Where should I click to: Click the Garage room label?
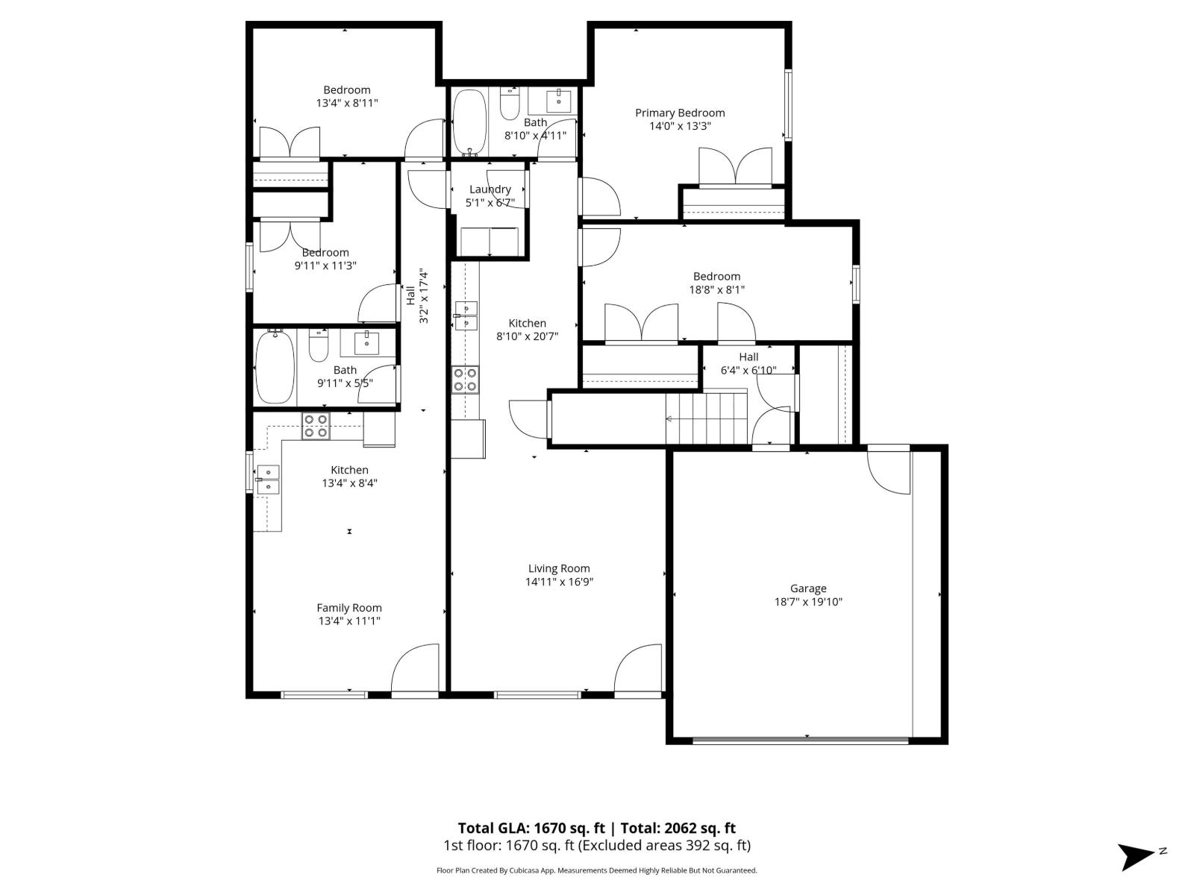[807, 588]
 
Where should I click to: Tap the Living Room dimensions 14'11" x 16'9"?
[559, 582]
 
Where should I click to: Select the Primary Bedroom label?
[680, 113]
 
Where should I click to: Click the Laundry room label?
[490, 189]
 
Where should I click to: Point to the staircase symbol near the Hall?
[706, 419]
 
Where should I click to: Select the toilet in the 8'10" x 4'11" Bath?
[510, 104]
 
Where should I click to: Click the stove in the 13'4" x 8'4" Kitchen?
[316, 425]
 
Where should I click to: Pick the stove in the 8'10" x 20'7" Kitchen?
[465, 380]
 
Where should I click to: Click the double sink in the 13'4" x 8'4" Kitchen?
[267, 480]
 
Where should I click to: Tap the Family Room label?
[348, 608]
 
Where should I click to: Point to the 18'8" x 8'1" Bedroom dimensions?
[716, 289]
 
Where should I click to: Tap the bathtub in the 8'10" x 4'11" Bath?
[469, 121]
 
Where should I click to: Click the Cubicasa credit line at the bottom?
[596, 870]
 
